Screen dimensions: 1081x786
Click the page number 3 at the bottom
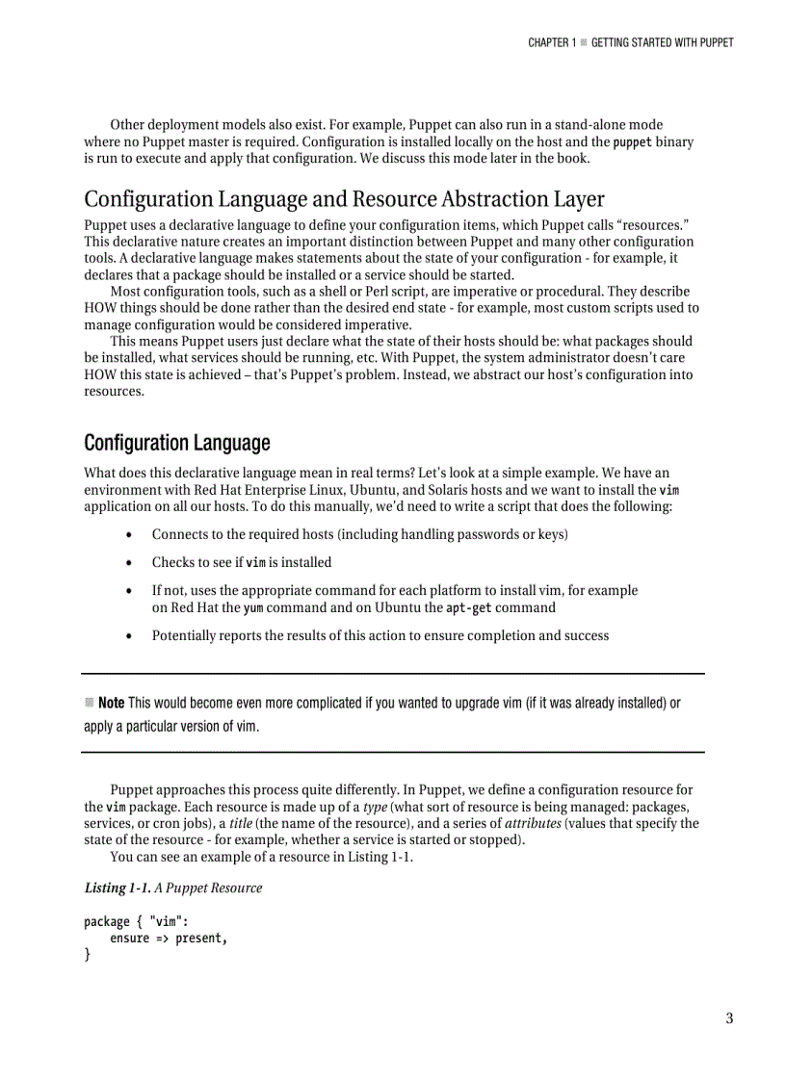pos(729,1018)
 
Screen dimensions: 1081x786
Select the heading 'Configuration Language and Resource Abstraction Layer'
pos(344,199)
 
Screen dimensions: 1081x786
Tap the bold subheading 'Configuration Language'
pos(176,443)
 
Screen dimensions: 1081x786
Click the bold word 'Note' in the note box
pos(112,703)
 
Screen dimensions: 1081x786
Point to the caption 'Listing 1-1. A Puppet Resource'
pos(172,888)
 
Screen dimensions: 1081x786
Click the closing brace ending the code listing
pos(87,955)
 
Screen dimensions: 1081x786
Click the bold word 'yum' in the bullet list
pos(252,607)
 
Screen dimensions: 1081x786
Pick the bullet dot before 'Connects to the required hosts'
pos(129,534)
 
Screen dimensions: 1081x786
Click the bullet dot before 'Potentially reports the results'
pos(129,635)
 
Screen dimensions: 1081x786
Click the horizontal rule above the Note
pos(393,673)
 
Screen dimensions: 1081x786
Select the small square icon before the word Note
pos(89,703)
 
